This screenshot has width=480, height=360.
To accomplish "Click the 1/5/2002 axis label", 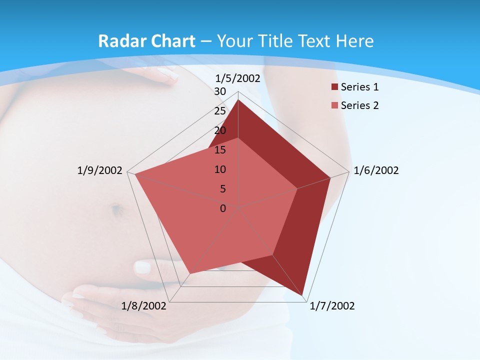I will click(x=237, y=78).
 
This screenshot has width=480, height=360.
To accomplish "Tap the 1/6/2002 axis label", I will click(x=376, y=170).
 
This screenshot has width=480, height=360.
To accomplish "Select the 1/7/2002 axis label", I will click(x=332, y=306).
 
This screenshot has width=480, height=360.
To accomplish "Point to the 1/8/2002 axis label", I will click(x=144, y=306).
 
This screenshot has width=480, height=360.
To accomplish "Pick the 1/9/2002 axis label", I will click(x=99, y=170).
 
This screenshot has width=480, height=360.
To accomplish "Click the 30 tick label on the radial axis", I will click(x=220, y=91).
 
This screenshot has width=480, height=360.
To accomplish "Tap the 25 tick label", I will click(x=220, y=111).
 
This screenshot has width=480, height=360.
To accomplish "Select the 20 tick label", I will click(x=220, y=130).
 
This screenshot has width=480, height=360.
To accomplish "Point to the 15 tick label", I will click(x=220, y=150).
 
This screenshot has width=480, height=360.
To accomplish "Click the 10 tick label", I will click(x=220, y=169).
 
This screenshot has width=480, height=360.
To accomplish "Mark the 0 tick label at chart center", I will click(x=223, y=208).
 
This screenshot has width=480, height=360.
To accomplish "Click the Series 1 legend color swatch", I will click(x=334, y=87).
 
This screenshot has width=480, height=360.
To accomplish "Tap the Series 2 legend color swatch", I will click(x=334, y=105).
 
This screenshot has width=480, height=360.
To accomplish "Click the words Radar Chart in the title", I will click(x=146, y=41).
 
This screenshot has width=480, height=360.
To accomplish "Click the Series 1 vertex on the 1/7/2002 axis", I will click(x=303, y=295).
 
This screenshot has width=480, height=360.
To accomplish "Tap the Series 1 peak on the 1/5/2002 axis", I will click(x=238, y=100).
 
